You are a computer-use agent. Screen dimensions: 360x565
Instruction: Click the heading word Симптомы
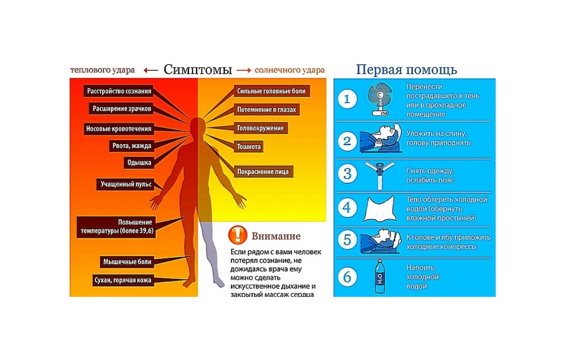coord(198,70)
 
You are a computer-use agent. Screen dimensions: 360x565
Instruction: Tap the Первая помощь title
coord(406,70)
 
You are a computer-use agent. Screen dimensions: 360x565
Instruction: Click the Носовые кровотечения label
coord(118,129)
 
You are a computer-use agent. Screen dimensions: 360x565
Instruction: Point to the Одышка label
coord(139,163)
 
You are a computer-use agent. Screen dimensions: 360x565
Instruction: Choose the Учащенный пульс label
coord(126,184)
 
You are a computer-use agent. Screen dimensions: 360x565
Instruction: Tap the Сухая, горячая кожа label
coord(122,280)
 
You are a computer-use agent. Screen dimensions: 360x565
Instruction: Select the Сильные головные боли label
coord(271,91)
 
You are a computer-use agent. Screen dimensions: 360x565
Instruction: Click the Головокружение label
coord(260,128)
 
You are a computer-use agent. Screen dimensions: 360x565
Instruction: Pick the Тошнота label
coord(249,147)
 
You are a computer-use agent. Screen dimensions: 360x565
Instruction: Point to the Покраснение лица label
coord(263,172)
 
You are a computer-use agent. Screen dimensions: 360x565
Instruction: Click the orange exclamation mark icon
coord(238,235)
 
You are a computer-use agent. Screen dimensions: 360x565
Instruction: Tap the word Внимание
coord(276,236)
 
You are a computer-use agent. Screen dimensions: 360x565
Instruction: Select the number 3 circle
coord(347,174)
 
